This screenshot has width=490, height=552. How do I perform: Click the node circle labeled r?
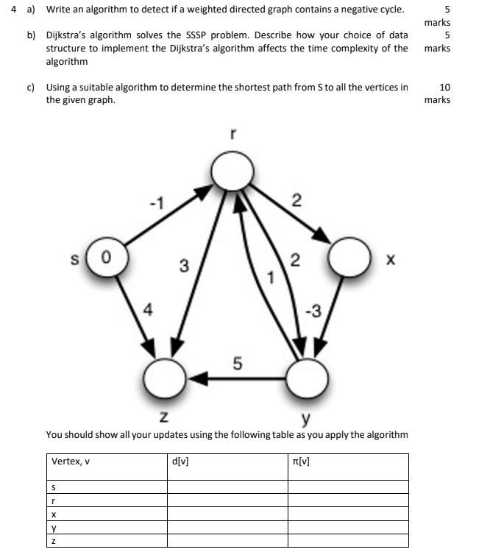pyautogui.click(x=232, y=172)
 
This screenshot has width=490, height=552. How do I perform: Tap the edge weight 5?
pyautogui.click(x=237, y=363)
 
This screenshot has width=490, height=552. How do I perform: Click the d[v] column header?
pyautogui.click(x=180, y=461)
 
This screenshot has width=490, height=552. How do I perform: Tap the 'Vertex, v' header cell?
pyautogui.click(x=71, y=461)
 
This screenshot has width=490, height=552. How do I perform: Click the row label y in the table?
pyautogui.click(x=53, y=528)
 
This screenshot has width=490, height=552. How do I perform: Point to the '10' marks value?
pyautogui.click(x=444, y=88)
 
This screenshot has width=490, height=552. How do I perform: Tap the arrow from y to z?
pyautogui.click(x=235, y=378)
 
